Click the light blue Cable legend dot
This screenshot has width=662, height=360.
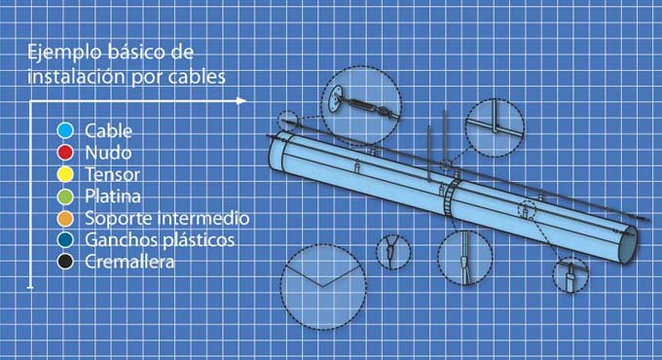pyautogui.click(x=65, y=130)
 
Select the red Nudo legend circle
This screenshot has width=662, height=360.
pyautogui.click(x=65, y=153)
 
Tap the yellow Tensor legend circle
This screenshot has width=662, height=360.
pyautogui.click(x=65, y=174)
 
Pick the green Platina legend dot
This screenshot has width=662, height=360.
pyautogui.click(x=65, y=197)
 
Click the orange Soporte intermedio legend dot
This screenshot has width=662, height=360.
pyautogui.click(x=65, y=218)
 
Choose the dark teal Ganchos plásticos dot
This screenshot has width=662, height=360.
pyautogui.click(x=65, y=239)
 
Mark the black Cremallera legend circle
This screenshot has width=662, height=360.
pyautogui.click(x=65, y=262)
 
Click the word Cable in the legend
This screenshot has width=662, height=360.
pyautogui.click(x=108, y=130)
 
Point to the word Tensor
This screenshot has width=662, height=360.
pyautogui.click(x=112, y=174)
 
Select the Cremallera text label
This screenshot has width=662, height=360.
pyautogui.click(x=129, y=262)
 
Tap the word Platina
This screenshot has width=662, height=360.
pyautogui.click(x=113, y=197)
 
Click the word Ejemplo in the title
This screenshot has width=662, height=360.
pyautogui.click(x=64, y=53)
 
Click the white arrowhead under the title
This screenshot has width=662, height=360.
pyautogui.click(x=241, y=101)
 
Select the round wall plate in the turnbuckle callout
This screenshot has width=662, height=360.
pyautogui.click(x=337, y=99)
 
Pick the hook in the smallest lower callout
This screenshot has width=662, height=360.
pyautogui.click(x=390, y=253)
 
